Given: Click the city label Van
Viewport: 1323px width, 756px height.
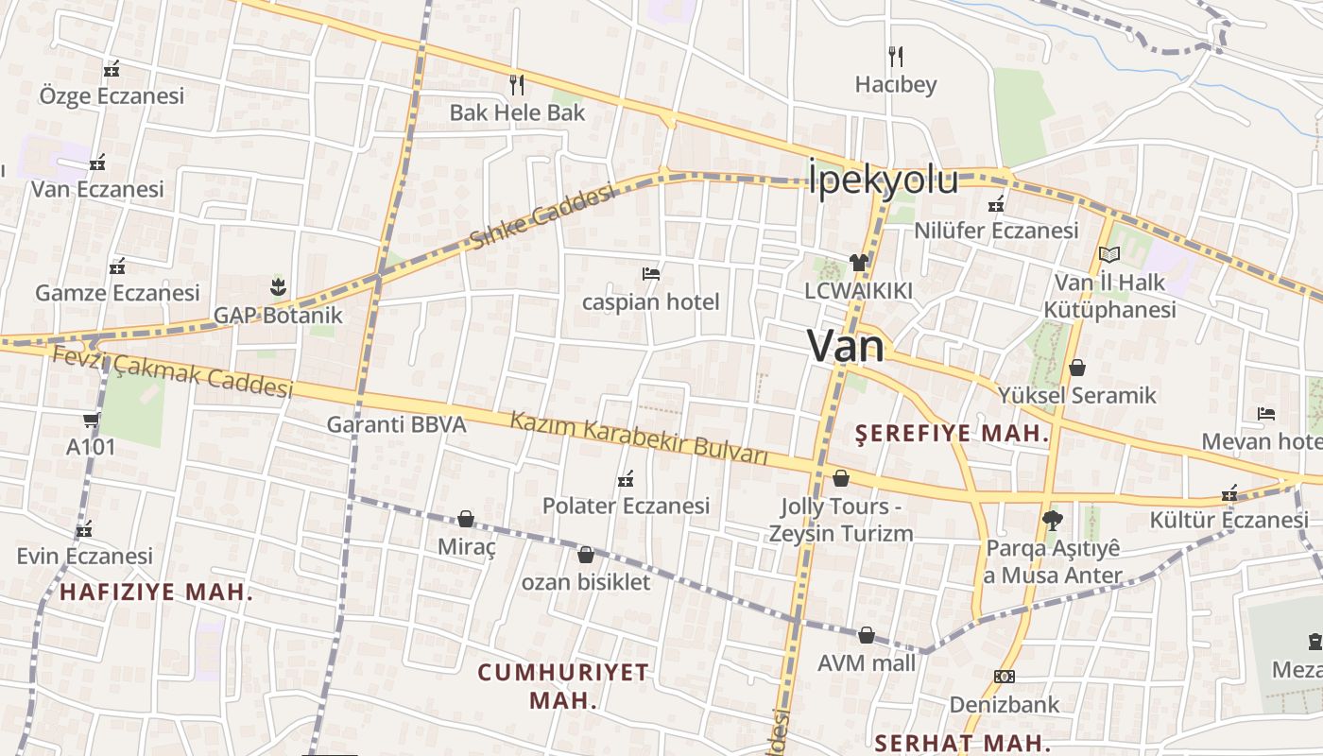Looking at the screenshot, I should tap(846, 347).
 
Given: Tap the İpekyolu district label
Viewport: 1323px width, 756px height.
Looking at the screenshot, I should tap(883, 180).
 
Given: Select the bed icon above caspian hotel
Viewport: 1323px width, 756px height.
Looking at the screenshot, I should tap(650, 275).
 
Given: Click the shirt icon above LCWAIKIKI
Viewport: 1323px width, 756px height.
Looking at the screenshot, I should tap(858, 263).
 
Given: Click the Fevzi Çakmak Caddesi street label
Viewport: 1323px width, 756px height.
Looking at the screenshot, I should tap(172, 372).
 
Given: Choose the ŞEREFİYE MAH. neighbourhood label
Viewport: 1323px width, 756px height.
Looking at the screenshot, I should tap(953, 434).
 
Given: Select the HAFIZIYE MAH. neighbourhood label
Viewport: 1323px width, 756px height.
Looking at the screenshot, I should tap(157, 593).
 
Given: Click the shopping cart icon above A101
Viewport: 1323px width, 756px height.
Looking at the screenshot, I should tap(91, 420).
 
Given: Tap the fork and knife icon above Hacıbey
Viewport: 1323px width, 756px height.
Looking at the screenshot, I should tap(895, 57).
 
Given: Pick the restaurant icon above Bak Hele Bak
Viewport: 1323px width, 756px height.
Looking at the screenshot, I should tap(516, 85).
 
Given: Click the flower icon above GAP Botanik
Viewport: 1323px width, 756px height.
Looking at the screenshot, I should tap(277, 286).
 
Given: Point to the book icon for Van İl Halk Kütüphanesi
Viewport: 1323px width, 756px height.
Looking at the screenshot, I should tap(1109, 254).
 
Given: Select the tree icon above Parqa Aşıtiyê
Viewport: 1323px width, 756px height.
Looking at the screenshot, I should tap(1052, 520).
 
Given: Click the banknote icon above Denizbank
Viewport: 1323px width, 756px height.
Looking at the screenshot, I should tap(1005, 677).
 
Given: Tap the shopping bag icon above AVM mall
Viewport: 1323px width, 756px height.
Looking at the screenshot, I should tap(867, 635).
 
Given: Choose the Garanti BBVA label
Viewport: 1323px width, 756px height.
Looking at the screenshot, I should tap(397, 424).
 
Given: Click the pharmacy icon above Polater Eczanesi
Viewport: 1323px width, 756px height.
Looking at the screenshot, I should tap(625, 479).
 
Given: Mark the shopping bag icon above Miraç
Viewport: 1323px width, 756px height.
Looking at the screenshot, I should tap(466, 519).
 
